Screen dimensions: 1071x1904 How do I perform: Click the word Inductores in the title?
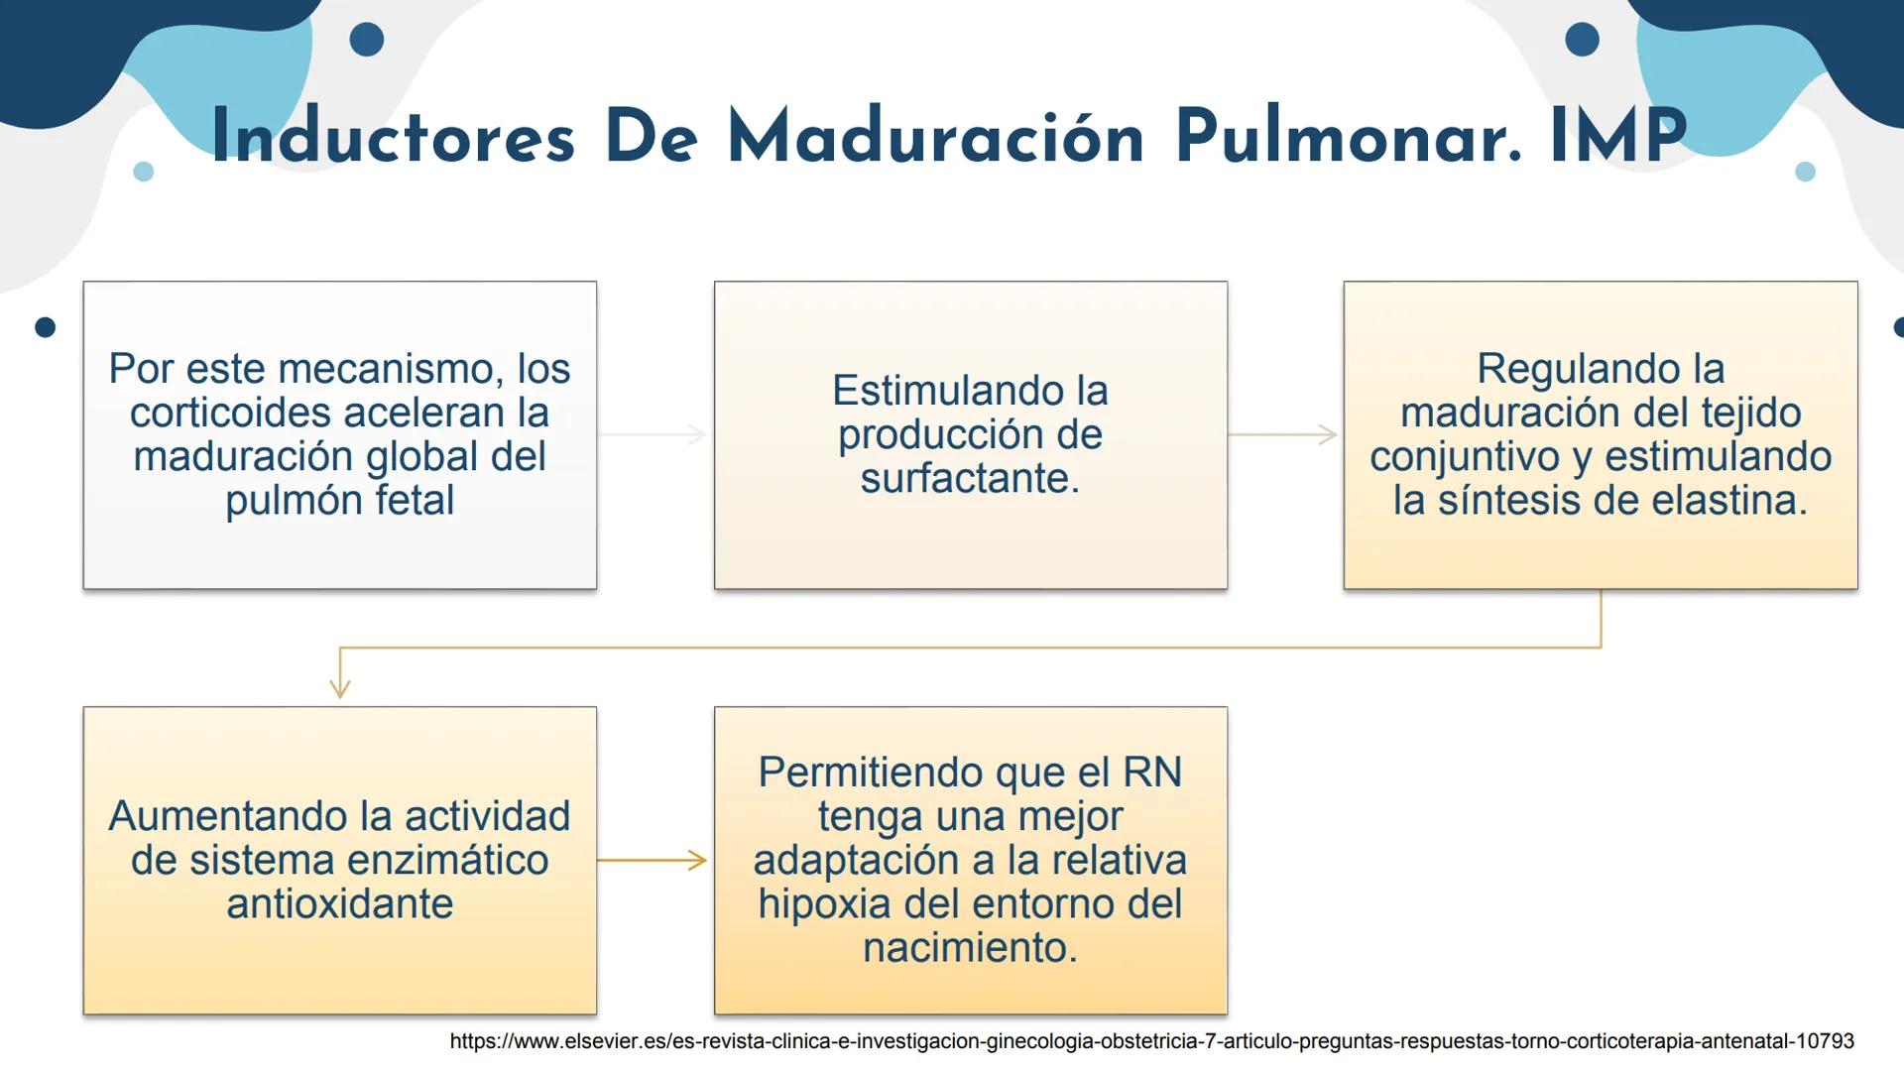pos(393,137)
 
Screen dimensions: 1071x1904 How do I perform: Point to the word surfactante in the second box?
pos(969,479)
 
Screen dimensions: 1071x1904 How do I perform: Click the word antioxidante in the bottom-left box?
pos(340,904)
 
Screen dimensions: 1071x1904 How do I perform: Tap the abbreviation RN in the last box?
pos(1151,773)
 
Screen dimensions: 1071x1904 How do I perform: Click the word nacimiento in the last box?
pos(969,948)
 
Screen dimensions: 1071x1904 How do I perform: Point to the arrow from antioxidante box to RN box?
pos(654,861)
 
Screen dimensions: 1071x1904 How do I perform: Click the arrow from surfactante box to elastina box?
pos(1283,434)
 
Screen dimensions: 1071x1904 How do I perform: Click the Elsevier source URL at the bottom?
pos(1151,1041)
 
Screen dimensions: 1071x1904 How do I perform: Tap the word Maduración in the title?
pos(936,137)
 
